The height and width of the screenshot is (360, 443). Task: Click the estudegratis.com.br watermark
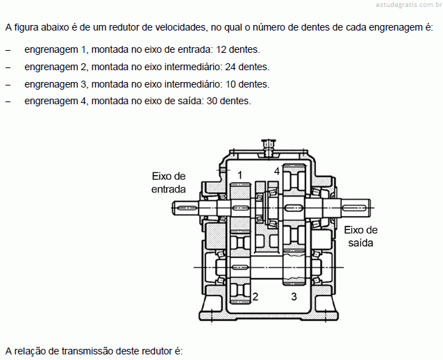pyautogui.click(x=409, y=5)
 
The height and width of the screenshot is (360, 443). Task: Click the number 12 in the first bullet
pyautogui.click(x=221, y=49)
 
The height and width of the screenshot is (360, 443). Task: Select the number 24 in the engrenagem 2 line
pyautogui.click(x=231, y=67)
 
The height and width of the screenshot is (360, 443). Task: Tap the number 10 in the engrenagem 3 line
pyautogui.click(x=231, y=84)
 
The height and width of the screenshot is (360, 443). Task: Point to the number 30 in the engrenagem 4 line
pyautogui.click(x=212, y=101)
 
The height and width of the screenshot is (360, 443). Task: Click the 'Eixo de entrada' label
pyautogui.click(x=169, y=183)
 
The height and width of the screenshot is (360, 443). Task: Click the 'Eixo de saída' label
pyautogui.click(x=360, y=236)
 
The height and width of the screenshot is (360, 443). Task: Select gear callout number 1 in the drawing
pyautogui.click(x=240, y=175)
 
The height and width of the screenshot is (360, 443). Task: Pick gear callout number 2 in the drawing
pyautogui.click(x=256, y=296)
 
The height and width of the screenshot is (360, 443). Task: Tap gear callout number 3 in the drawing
pyautogui.click(x=294, y=296)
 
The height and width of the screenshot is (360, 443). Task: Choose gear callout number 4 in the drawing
pyautogui.click(x=277, y=171)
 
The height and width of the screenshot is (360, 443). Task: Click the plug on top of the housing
pyautogui.click(x=269, y=147)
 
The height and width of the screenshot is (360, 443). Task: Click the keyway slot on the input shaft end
pyautogui.click(x=187, y=208)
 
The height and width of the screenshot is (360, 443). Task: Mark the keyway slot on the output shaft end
pyautogui.click(x=354, y=208)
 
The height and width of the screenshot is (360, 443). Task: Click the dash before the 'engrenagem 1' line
pyautogui.click(x=8, y=50)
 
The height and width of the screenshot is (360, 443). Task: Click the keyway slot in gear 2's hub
pyautogui.click(x=240, y=267)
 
